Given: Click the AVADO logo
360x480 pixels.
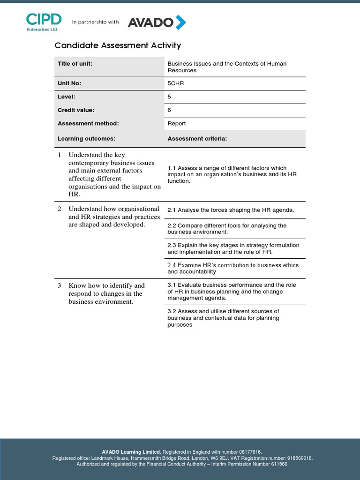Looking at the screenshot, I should [157, 22].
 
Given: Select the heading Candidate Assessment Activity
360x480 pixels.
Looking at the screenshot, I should [118, 45].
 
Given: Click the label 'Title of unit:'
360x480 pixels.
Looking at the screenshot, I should [75, 64].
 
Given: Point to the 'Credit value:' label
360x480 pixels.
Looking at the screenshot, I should [76, 110].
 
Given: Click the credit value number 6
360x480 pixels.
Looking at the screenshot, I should [169, 110].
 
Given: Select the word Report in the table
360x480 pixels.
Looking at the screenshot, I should [177, 124].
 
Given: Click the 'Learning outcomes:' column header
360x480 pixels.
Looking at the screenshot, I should [86, 139].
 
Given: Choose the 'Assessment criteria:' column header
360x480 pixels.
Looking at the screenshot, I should [197, 139].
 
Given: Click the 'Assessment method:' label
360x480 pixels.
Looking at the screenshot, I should [88, 124].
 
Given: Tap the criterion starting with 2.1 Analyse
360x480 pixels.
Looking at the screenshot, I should [231, 210].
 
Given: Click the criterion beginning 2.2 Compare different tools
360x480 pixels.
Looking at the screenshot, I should [227, 229].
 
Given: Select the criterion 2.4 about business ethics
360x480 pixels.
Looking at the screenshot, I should [232, 268].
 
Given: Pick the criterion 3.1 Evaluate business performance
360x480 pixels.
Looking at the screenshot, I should [232, 291].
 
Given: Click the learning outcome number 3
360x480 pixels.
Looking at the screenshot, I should [60, 285].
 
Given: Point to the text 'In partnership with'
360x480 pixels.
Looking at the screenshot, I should [95, 22].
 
